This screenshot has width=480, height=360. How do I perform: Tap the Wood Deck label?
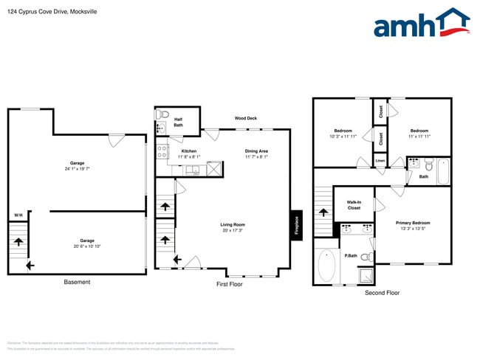[x=245, y=118]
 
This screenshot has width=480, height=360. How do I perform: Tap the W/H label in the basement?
[x=18, y=215]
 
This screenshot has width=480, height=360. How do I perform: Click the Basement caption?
[x=77, y=283]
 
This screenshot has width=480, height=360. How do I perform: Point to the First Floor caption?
[x=230, y=284]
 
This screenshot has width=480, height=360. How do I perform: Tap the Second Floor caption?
[x=382, y=293]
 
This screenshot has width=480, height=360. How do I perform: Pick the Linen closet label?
[x=380, y=160]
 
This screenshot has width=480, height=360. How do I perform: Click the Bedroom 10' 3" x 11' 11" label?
[x=343, y=134]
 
